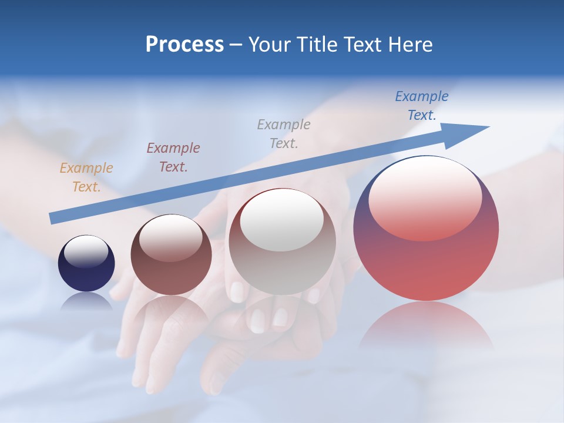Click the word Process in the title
[x=184, y=45]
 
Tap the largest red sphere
[x=426, y=258]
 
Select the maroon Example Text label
[x=173, y=157]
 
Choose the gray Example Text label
[x=284, y=133]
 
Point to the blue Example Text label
[x=422, y=106]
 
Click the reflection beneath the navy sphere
[x=86, y=301]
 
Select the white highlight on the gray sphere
[x=282, y=220]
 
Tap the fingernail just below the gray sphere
[x=237, y=291]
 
